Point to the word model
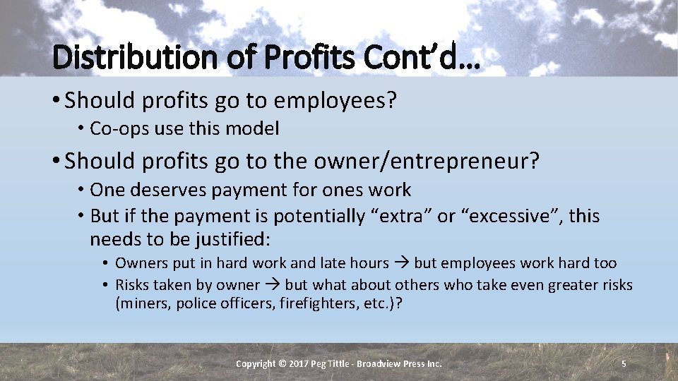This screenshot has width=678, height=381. pos(257,128)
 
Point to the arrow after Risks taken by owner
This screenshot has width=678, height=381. pos(273,285)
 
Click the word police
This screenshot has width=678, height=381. pos(196,305)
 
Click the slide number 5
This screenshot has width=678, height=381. pos(624,363)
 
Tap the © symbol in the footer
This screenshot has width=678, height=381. pos(283,363)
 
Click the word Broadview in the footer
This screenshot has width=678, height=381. pos(379,363)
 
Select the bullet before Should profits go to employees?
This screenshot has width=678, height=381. pos(55,100)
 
